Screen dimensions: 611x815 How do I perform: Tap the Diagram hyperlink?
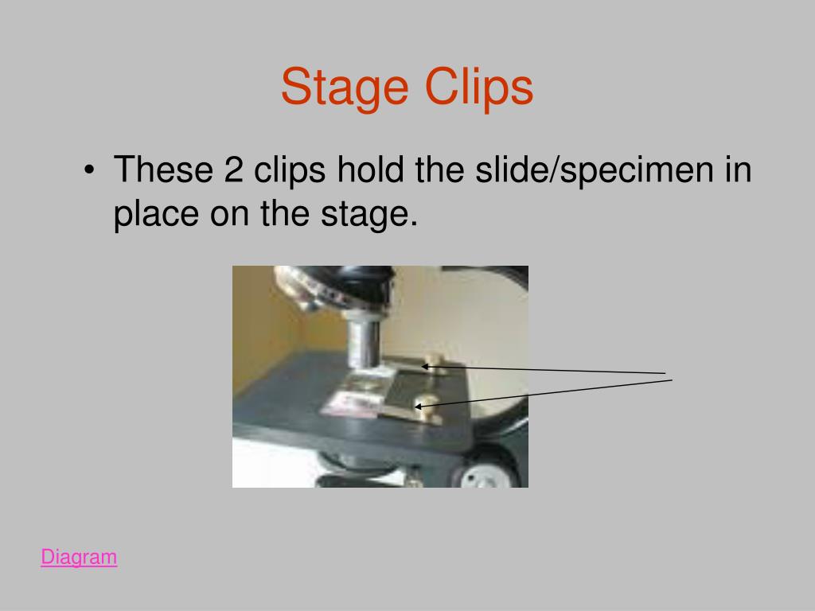[79, 557]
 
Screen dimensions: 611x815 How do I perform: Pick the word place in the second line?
[156, 215]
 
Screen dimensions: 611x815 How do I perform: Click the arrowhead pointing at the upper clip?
[425, 367]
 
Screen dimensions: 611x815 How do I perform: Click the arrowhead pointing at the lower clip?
[419, 407]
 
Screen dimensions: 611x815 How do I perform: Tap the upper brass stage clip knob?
[433, 354]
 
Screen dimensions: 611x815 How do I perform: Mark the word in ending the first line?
[739, 170]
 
